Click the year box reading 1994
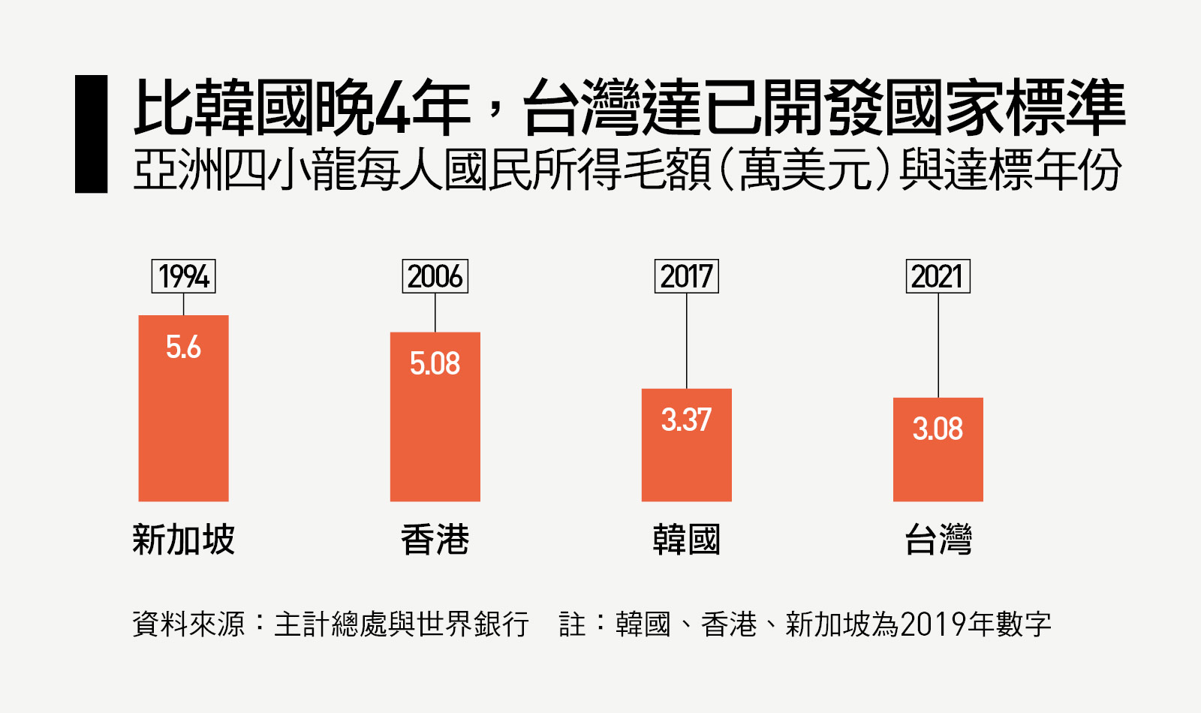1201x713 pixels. pyautogui.click(x=183, y=276)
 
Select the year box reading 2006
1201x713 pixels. pyautogui.click(x=435, y=276)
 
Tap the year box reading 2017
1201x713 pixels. pyautogui.click(x=686, y=276)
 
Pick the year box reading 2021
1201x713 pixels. pyautogui.click(x=938, y=276)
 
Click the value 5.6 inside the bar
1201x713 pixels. pyautogui.click(x=183, y=347)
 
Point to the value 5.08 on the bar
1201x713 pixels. pyautogui.click(x=435, y=363)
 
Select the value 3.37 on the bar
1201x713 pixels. pyautogui.click(x=686, y=420)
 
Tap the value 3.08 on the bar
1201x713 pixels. pyautogui.click(x=938, y=429)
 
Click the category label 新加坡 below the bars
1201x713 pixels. pyautogui.click(x=183, y=540)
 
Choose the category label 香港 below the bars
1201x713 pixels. pyautogui.click(x=435, y=540)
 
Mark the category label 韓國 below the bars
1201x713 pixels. pyautogui.click(x=686, y=540)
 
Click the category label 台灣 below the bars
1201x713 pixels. pyautogui.click(x=938, y=540)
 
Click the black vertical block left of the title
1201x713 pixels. pyautogui.click(x=91, y=134)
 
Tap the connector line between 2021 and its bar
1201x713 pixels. pyautogui.click(x=938, y=345)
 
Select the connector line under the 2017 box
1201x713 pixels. pyautogui.click(x=687, y=341)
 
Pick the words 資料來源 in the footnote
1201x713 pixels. pyautogui.click(x=188, y=624)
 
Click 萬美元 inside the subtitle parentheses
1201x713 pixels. pyautogui.click(x=804, y=170)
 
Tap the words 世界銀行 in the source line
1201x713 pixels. pyautogui.click(x=473, y=624)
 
